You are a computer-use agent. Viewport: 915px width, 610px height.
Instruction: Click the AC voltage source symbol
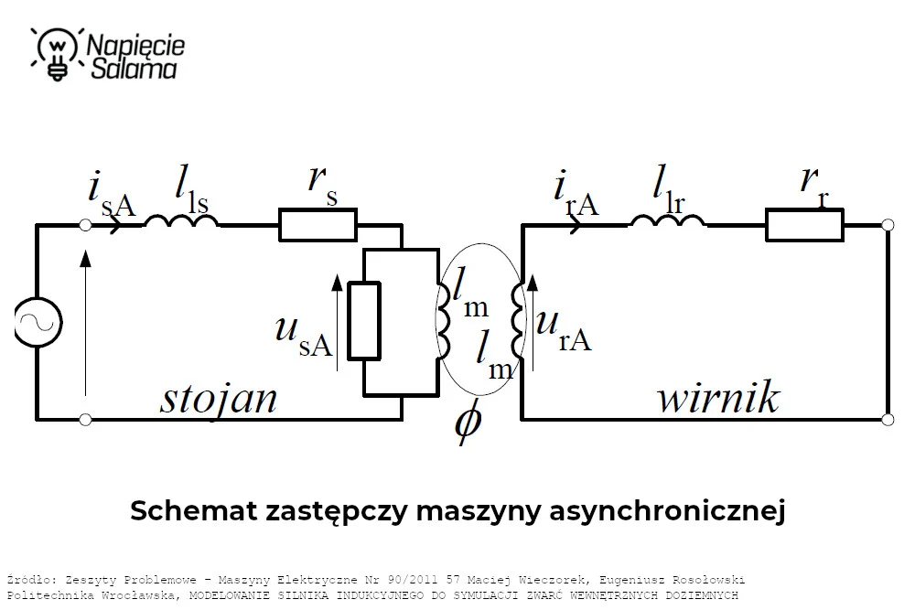(38, 322)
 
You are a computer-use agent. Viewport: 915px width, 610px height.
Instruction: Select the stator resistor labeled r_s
(318, 225)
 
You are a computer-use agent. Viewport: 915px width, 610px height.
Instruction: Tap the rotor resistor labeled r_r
(804, 225)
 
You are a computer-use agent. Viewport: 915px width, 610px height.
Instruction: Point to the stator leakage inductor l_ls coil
(181, 221)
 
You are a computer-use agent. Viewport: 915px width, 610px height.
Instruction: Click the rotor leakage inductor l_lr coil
(668, 221)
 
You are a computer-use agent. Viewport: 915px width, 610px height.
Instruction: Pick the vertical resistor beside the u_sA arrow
(364, 321)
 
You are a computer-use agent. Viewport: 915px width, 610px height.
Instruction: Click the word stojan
(219, 400)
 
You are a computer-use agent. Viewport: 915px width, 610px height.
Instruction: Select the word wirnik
(718, 397)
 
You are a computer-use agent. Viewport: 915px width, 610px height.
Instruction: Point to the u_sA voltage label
(304, 336)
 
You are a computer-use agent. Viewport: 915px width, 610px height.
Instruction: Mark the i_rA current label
(576, 194)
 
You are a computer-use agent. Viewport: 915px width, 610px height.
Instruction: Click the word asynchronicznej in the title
(667, 511)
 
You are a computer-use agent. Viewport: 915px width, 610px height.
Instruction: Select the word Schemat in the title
(193, 510)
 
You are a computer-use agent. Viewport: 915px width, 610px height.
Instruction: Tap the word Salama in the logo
(134, 69)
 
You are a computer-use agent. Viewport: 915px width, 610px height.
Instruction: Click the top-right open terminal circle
(888, 225)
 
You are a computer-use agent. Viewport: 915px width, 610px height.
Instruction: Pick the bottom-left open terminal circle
(85, 419)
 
